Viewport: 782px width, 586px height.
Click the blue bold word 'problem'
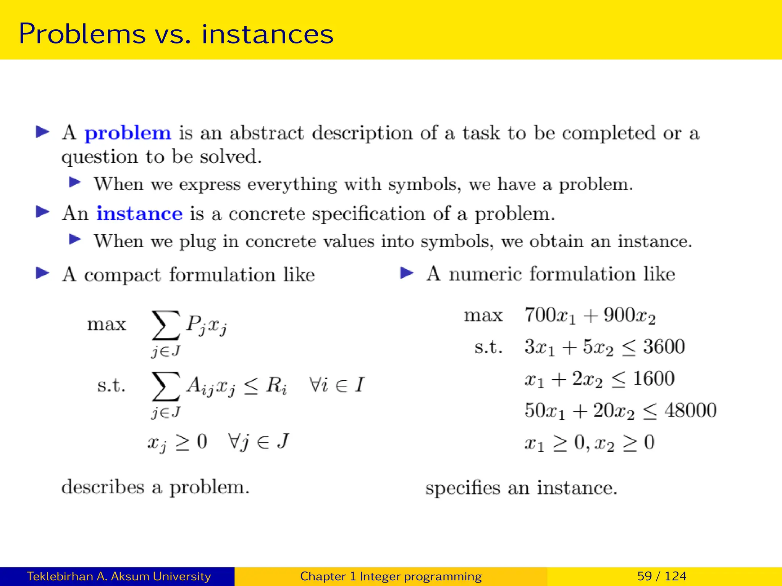tap(128, 134)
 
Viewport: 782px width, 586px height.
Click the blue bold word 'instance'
tap(139, 214)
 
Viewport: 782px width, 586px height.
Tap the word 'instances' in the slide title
tap(267, 34)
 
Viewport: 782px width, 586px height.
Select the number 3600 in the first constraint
tap(664, 347)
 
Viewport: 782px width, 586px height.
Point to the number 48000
tap(690, 411)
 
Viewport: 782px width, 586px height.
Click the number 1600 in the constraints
tap(653, 379)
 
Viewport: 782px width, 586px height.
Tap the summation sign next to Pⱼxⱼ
tap(166, 325)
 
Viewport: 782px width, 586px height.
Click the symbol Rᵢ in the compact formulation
tap(276, 385)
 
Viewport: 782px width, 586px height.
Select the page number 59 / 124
tap(662, 576)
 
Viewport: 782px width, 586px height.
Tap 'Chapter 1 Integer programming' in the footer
tap(391, 576)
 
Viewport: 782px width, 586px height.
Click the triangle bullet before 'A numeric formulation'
tap(407, 273)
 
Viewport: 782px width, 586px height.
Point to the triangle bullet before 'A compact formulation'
tap(42, 273)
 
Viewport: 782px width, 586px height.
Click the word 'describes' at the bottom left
tap(103, 488)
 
